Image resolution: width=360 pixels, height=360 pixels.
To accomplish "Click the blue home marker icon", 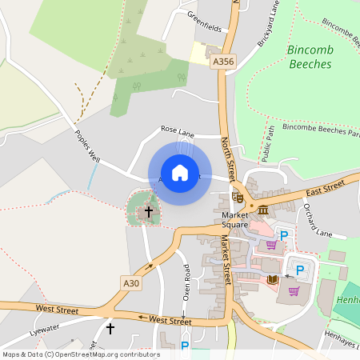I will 180,172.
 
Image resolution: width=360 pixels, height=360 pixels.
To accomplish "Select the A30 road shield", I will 132,282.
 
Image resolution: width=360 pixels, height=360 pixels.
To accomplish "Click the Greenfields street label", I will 205,21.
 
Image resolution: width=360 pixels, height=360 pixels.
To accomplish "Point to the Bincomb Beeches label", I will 309,57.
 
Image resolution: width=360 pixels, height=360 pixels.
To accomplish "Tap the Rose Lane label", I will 177,129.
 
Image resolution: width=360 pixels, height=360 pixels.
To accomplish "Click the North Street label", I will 228,158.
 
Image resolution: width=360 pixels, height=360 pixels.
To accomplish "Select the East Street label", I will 324,189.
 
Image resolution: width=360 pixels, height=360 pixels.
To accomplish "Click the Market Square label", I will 236,219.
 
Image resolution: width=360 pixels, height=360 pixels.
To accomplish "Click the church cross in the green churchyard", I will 147,212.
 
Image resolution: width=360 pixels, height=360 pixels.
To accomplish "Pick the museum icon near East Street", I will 262,209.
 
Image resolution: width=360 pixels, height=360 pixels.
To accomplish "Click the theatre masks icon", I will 238,196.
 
